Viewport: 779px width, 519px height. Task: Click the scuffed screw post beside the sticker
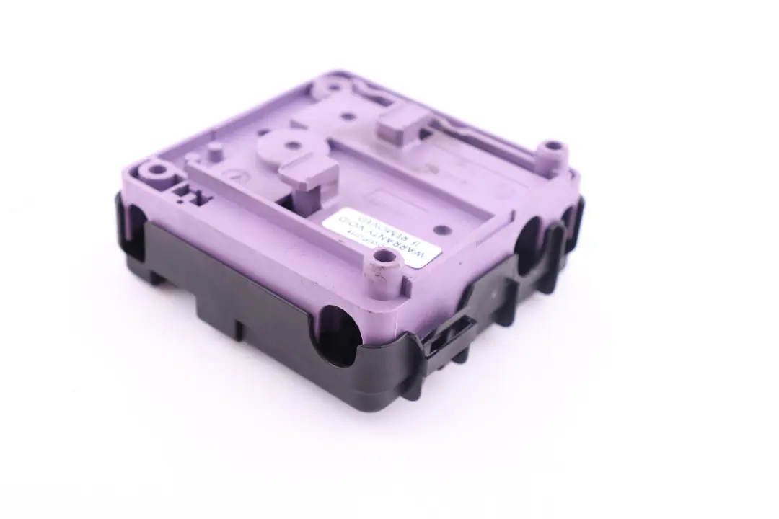pos(381,275)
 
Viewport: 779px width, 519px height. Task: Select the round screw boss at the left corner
pos(155,173)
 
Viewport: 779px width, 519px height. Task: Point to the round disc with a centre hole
pos(290,147)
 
